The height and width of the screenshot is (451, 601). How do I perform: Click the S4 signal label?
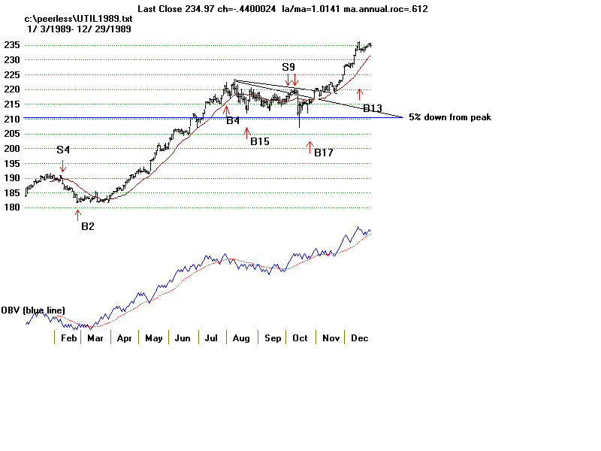63,150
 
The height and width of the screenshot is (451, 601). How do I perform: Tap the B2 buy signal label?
88,225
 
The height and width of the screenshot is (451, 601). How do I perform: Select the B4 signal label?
233,120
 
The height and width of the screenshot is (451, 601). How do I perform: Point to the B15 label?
260,141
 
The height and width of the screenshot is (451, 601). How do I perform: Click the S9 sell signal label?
288,67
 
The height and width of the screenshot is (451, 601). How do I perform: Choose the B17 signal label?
324,153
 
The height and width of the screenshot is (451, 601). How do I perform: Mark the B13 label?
373,108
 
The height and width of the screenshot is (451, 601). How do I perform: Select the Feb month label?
68,338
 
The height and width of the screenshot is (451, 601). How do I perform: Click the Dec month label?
359,338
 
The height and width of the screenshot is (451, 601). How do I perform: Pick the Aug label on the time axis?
240,338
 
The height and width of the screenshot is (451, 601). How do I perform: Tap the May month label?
154,338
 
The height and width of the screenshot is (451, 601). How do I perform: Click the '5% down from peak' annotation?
449,117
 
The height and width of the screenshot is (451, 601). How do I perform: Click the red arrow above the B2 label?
77,214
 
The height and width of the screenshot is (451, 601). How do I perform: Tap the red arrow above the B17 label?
310,146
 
